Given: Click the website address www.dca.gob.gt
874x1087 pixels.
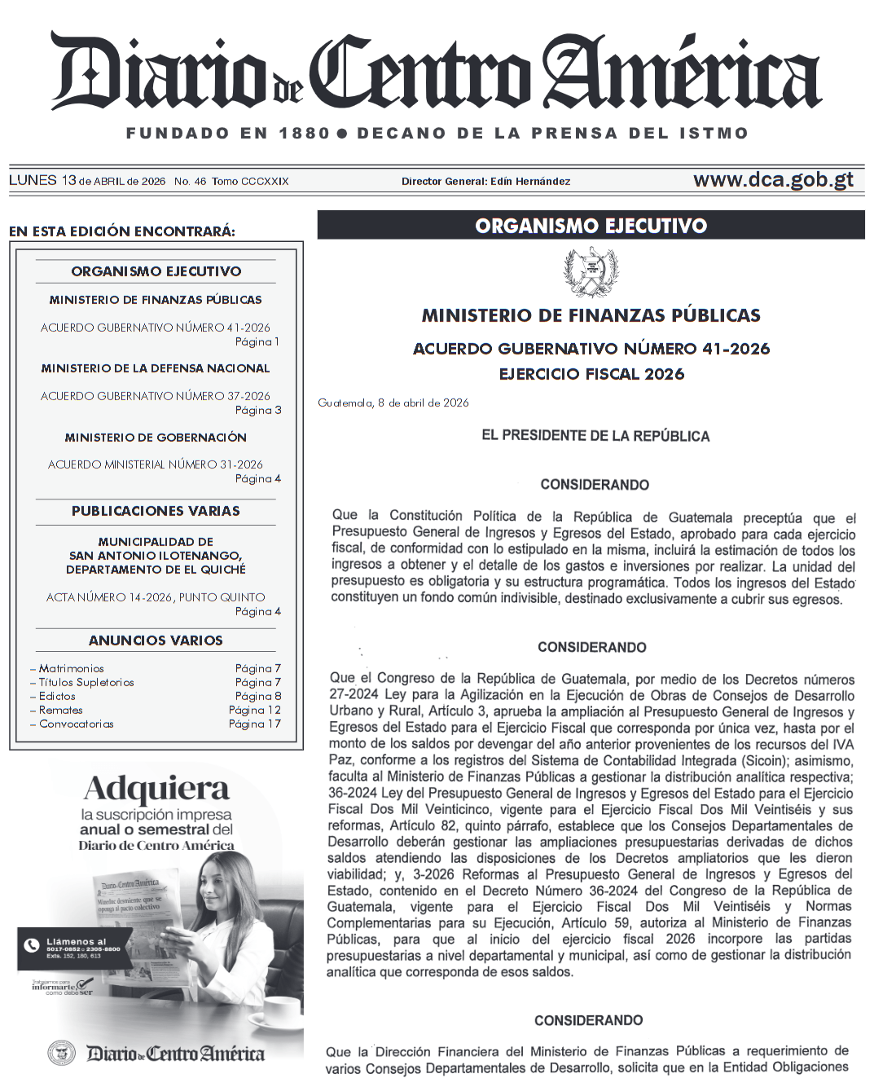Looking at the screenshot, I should pos(772,180).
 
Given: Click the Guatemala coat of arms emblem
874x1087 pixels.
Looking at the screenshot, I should pos(591,274).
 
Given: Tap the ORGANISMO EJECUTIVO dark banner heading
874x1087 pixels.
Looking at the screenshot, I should pos(591,226).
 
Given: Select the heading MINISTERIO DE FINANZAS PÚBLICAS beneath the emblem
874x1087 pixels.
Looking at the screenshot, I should pos(591,315).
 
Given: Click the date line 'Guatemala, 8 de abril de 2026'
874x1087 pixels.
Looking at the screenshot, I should pos(393,403).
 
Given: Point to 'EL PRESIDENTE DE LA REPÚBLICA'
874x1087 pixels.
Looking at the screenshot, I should pos(595,436).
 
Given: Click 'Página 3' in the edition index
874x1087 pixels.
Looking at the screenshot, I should pos(258,410).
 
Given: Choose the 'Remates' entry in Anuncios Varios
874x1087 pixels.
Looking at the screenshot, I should pos(60,710).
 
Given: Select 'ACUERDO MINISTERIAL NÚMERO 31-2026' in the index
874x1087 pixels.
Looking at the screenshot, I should pos(156,464).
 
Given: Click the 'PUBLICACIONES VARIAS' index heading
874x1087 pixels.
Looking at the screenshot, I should pos(156,511).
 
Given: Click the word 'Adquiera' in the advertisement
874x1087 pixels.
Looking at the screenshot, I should pos(156,789).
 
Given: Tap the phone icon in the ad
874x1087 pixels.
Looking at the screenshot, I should pos(32,945).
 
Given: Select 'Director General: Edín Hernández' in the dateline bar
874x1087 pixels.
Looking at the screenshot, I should pos(485,182).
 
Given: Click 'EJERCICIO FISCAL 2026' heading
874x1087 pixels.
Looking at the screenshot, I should pos(591,374).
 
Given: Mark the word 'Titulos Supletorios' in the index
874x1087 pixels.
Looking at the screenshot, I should pos(86,682).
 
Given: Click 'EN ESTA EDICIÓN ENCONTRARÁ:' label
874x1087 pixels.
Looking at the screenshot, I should pos(122,231).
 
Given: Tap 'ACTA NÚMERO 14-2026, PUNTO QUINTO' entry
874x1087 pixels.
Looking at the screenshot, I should pos(156,597).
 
